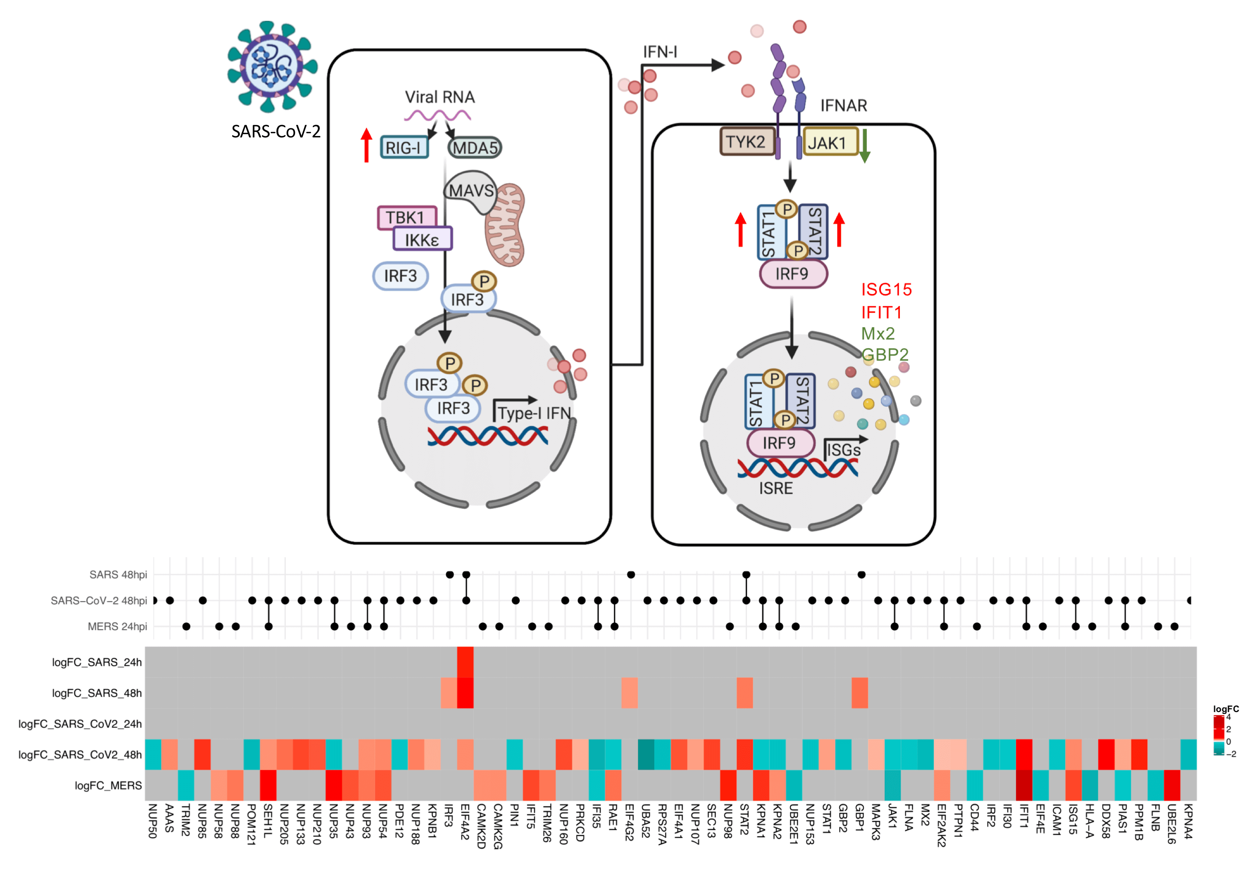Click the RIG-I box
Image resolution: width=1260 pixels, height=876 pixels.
404,147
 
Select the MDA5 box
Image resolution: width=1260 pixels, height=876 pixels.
475,148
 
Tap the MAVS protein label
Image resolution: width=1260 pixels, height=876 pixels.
471,191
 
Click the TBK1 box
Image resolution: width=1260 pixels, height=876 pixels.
406,217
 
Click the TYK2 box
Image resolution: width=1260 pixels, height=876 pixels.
746,142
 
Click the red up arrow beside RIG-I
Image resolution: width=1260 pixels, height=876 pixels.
367,145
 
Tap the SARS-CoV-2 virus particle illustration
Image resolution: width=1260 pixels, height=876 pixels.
272,66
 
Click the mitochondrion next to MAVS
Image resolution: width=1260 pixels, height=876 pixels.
505,225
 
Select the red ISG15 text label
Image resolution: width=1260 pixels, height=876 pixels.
886,289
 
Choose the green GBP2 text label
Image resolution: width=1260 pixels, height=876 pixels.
885,354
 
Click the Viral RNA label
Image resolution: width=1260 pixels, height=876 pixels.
440,97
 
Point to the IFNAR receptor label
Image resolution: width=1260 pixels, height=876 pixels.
844,105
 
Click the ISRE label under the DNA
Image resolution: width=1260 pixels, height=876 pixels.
776,488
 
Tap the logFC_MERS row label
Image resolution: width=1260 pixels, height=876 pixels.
108,785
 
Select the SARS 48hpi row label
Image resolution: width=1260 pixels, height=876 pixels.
118,575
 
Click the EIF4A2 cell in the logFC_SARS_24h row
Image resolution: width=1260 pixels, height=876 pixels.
465,662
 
